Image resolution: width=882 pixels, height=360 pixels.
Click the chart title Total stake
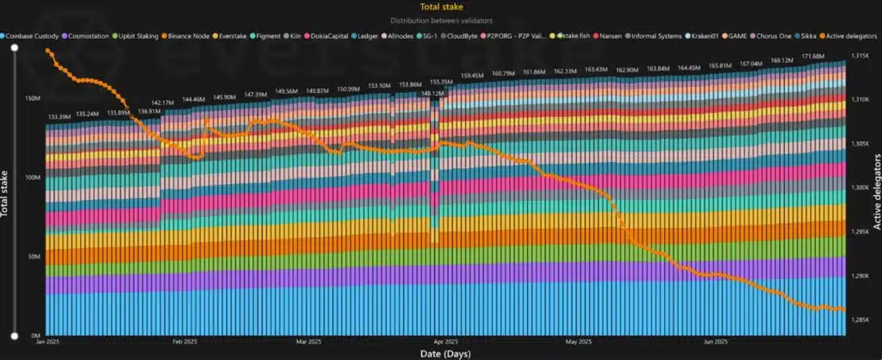440,6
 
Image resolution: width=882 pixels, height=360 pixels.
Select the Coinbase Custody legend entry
36,36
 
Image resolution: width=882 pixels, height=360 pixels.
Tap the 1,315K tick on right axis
860,56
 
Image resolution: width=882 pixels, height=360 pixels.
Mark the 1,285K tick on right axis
860,320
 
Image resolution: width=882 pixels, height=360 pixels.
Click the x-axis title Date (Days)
439,353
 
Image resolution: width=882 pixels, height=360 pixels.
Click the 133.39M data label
59,117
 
